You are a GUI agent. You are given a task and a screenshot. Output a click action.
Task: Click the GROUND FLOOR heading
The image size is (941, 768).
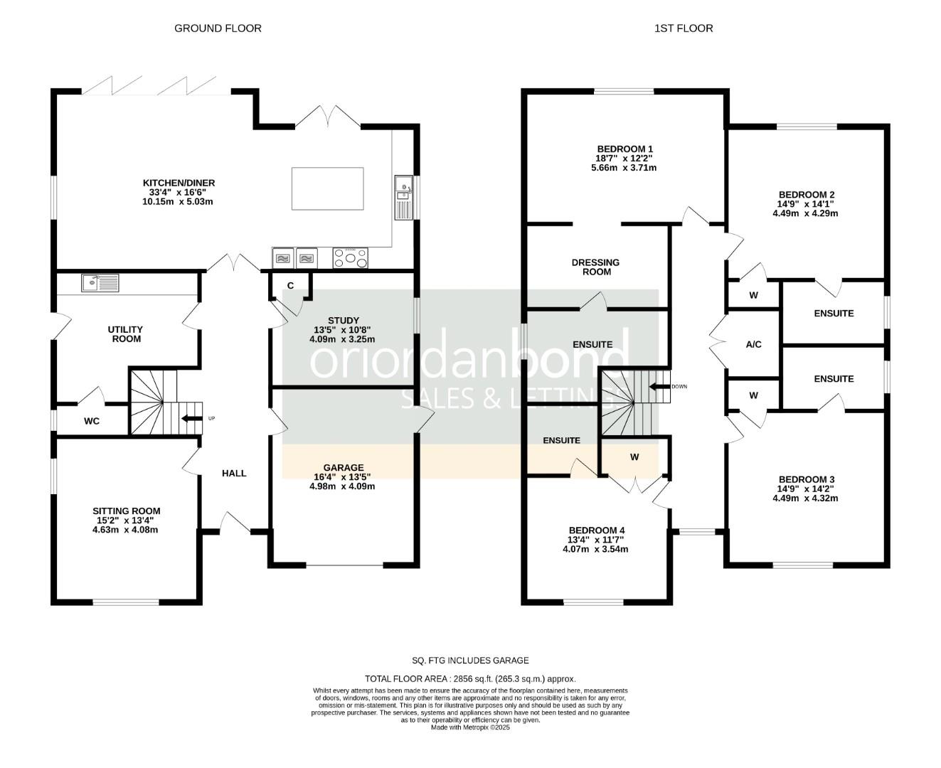click(x=218, y=28)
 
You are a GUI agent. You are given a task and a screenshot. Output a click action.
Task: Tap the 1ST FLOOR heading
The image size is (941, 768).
click(x=683, y=28)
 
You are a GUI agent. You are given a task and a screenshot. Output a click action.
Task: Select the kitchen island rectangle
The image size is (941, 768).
click(x=327, y=188)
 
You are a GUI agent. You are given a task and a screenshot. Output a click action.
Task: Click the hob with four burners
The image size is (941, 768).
click(x=350, y=258)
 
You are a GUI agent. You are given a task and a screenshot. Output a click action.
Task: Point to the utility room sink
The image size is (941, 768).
click(x=100, y=283)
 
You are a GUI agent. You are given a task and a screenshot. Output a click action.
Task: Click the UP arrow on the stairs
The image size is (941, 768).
click(x=191, y=418)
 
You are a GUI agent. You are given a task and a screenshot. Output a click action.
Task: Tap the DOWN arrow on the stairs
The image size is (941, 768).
click(x=659, y=386)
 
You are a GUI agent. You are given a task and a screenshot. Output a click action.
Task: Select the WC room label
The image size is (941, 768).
click(x=92, y=421)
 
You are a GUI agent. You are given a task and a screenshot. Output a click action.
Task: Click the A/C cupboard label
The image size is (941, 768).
click(x=753, y=344)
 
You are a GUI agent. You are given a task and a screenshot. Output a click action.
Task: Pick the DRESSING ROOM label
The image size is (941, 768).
click(x=595, y=267)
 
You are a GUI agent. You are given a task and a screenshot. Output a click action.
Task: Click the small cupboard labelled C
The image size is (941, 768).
click(x=290, y=285)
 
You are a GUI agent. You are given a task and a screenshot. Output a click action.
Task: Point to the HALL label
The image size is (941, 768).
click(x=234, y=473)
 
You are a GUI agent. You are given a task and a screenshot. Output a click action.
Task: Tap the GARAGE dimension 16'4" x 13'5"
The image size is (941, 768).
click(x=342, y=476)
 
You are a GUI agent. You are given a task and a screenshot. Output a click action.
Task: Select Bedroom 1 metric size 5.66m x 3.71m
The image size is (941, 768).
click(x=624, y=168)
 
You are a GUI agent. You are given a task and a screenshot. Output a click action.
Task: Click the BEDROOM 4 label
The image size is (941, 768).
click(x=597, y=530)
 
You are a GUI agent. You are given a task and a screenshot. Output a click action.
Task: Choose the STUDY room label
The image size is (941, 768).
click(x=344, y=320)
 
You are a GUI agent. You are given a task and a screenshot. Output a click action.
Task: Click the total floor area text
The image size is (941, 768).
click(x=470, y=679)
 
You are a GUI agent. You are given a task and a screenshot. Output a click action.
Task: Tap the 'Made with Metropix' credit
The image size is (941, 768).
click(x=470, y=727)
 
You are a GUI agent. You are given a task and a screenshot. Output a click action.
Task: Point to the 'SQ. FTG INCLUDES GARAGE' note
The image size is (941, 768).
click(x=470, y=660)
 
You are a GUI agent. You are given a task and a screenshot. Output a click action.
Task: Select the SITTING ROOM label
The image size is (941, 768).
click(x=127, y=511)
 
